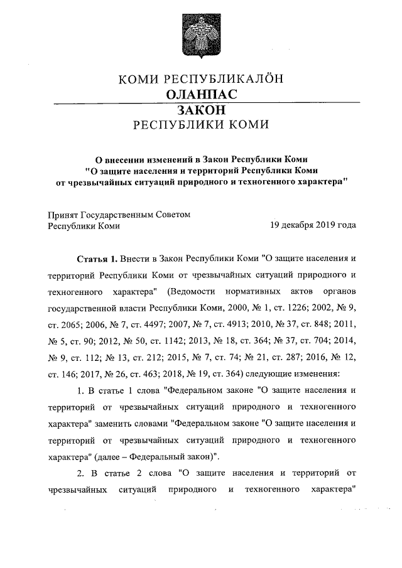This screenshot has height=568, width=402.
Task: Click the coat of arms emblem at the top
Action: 200,34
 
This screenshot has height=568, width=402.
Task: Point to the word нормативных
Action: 252,292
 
